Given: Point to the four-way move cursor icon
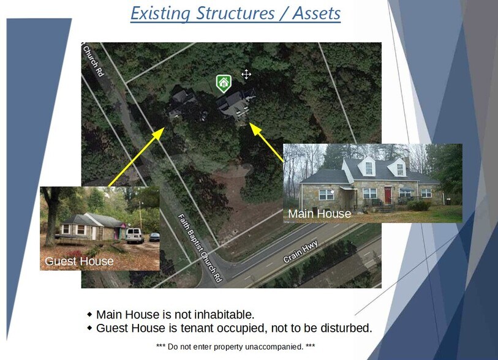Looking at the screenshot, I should [x=246, y=75].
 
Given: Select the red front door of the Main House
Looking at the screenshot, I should [x=387, y=195].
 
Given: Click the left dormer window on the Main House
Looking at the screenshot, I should [x=369, y=168].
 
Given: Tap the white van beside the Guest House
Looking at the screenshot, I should [x=134, y=235].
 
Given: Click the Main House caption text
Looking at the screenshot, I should [x=319, y=214].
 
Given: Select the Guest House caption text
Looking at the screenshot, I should [x=79, y=261].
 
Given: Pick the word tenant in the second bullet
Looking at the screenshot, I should [x=192, y=328].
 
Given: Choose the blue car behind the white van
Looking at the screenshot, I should [x=154, y=236].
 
